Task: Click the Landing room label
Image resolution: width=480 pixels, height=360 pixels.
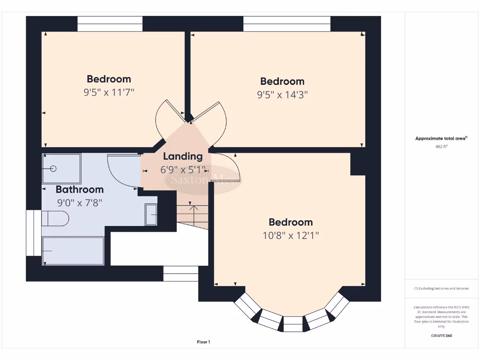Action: [x=183, y=157]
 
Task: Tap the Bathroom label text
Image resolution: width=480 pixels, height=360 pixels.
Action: [x=80, y=190]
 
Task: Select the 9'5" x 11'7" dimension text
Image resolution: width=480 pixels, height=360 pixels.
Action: [x=109, y=92]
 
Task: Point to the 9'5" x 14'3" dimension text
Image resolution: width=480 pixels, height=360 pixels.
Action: [x=282, y=95]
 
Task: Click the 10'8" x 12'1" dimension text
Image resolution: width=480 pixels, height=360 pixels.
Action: [x=291, y=235]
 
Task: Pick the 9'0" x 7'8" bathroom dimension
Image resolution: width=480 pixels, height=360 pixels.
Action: [x=80, y=203]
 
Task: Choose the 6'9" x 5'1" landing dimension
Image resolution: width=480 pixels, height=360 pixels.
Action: [x=183, y=170]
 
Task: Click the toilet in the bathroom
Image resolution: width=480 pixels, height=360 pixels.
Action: [x=55, y=218]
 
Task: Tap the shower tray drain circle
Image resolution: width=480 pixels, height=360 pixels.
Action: [x=53, y=168]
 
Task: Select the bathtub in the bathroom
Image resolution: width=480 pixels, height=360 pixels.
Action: [x=73, y=251]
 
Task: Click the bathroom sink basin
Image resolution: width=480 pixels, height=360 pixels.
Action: [x=151, y=215]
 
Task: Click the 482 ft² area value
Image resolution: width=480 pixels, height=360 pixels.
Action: [x=442, y=147]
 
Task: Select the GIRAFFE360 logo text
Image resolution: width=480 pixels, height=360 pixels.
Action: [x=442, y=336]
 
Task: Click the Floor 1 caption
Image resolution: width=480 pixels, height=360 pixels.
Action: [x=203, y=342]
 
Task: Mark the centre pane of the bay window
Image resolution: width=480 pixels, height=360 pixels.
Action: [x=293, y=324]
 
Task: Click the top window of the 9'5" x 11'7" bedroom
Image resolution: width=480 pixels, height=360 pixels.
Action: [x=110, y=24]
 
